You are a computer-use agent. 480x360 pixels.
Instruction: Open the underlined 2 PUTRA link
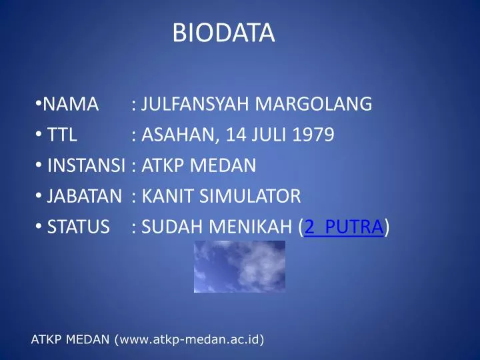click(x=343, y=228)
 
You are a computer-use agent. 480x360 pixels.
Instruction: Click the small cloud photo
click(x=239, y=267)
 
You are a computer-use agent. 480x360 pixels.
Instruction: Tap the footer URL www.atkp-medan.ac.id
click(x=189, y=341)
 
